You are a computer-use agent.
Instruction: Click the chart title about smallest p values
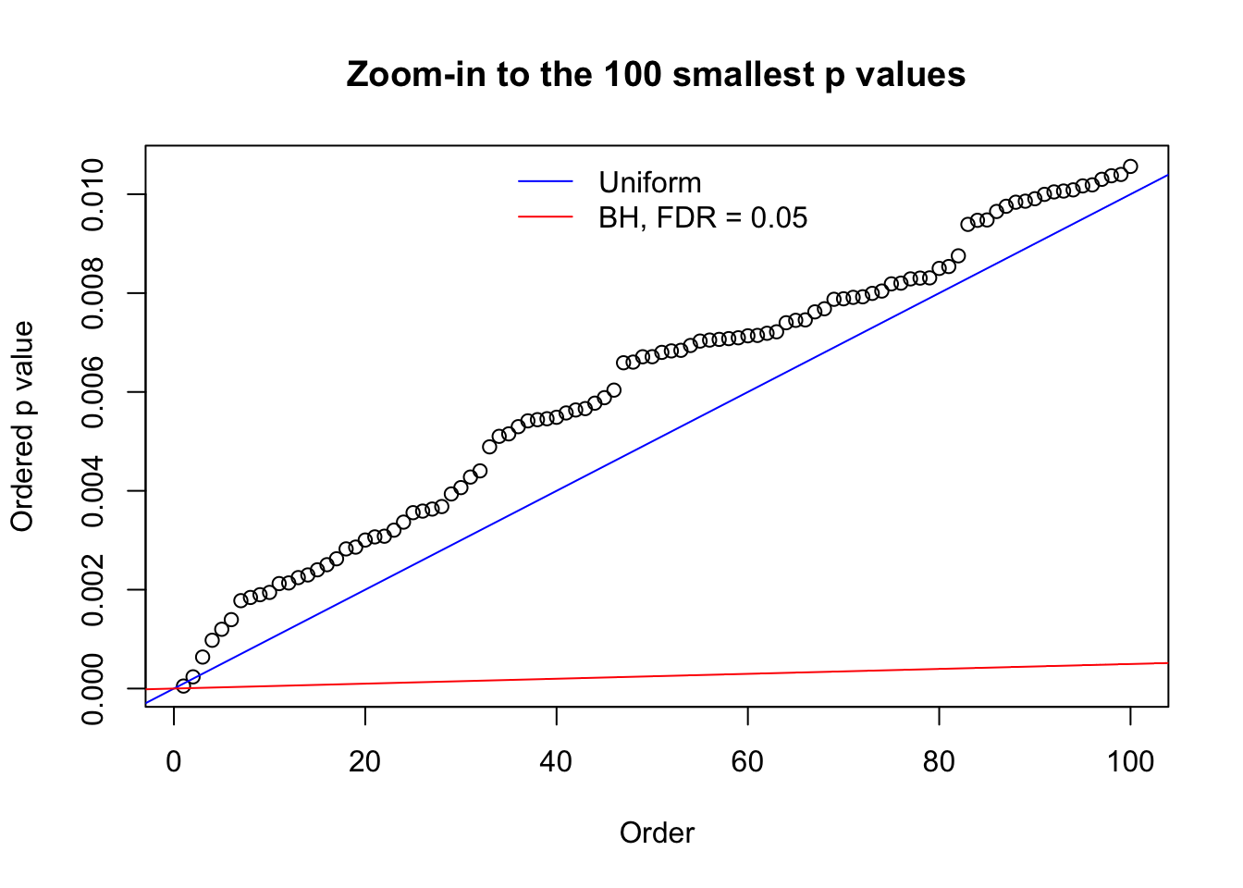tap(656, 74)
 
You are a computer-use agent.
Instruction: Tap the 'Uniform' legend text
tap(649, 182)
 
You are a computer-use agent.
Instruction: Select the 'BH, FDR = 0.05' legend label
tap(703, 217)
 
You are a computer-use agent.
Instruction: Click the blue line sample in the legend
tap(546, 182)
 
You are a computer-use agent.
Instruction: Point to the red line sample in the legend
tap(546, 217)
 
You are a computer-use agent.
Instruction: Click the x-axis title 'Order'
tap(657, 832)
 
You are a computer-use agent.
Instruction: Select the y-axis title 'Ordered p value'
tap(22, 426)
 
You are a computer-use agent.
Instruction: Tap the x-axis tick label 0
tap(174, 761)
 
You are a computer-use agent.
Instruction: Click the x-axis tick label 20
tap(365, 761)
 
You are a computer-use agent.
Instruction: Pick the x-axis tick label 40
tap(557, 761)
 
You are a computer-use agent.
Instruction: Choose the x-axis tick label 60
tap(747, 761)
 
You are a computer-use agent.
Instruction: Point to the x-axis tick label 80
tap(939, 761)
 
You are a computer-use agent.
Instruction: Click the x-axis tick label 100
tap(1130, 761)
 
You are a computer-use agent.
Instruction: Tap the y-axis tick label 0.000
tap(92, 688)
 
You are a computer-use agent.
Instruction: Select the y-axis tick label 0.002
tap(92, 589)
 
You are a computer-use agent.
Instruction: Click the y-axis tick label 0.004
tap(92, 490)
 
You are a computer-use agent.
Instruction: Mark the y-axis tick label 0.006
tap(92, 392)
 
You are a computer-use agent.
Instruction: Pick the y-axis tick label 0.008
tap(92, 293)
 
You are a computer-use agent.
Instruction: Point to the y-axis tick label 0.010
tap(92, 194)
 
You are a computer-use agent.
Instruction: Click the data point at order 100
tap(1130, 166)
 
